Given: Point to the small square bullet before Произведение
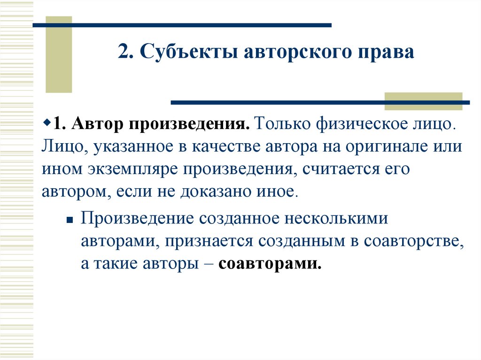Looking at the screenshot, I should (x=69, y=220).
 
